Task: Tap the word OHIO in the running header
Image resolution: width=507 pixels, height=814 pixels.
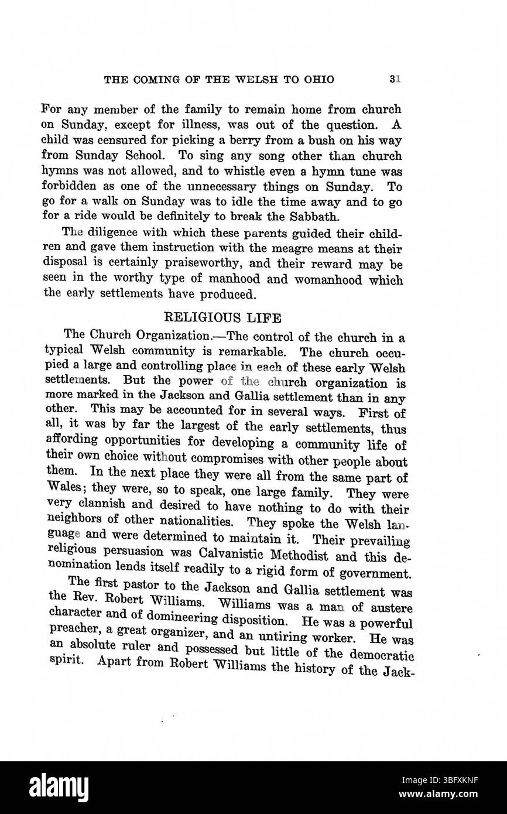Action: click(x=318, y=80)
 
